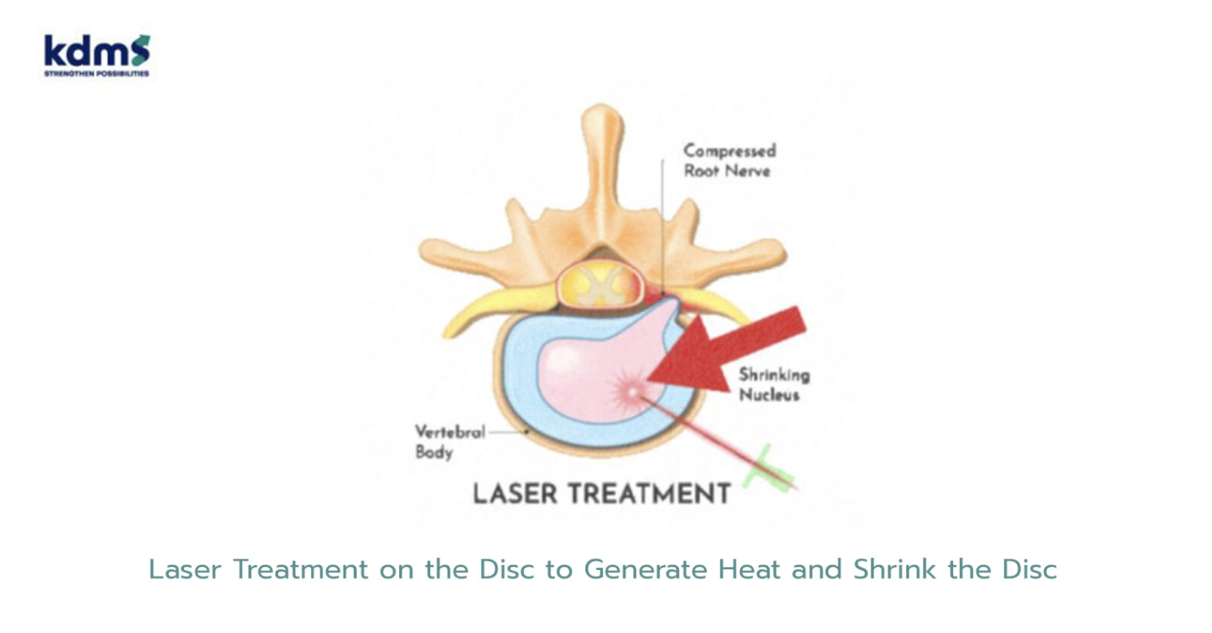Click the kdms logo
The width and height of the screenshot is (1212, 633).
[97, 55]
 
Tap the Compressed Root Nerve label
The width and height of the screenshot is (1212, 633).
[729, 161]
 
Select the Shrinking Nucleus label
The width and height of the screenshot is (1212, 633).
[774, 384]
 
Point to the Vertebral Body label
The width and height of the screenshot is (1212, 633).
[449, 442]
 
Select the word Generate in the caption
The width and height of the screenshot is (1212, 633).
[645, 570]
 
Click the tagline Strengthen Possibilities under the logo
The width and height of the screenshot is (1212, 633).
[96, 74]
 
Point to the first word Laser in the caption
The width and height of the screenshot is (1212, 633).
[185, 570]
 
